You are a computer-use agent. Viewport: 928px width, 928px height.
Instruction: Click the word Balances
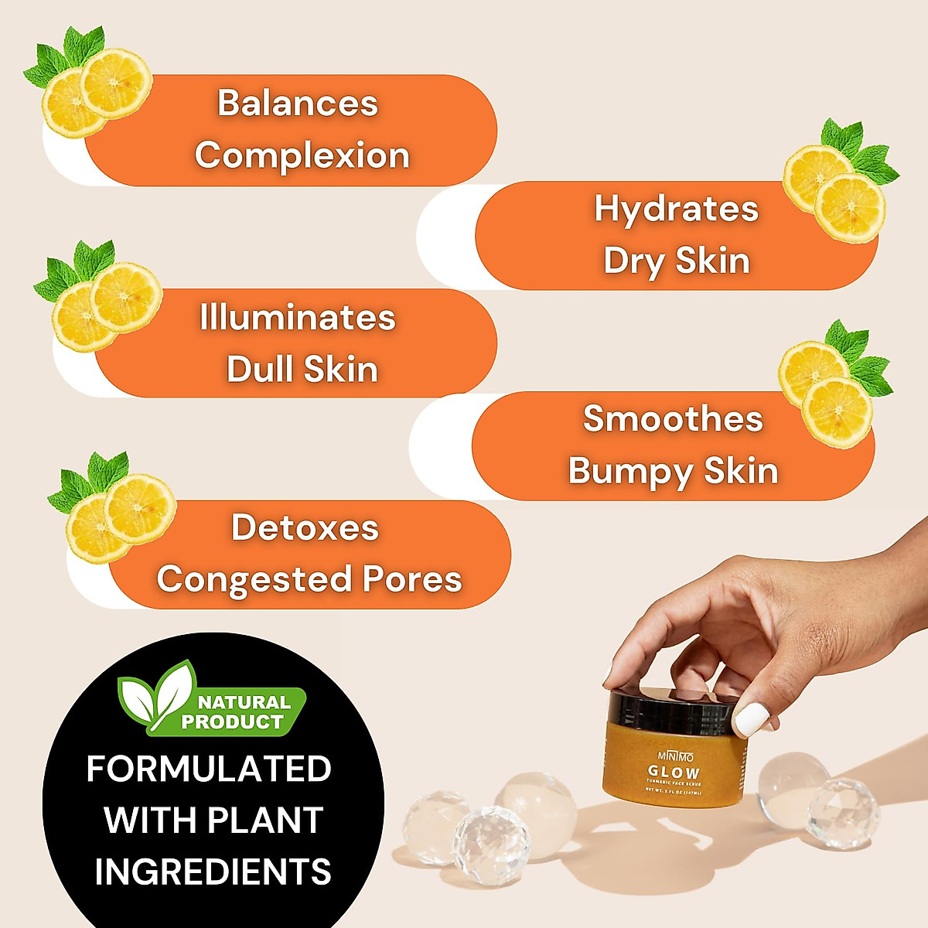298,104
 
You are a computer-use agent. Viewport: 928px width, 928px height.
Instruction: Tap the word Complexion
302,155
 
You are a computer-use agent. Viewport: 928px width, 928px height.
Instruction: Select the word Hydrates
677,209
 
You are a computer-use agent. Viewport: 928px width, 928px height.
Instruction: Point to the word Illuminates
298,318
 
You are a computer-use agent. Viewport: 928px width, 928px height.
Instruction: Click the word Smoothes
673,419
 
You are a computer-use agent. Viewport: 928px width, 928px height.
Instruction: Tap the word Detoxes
305,528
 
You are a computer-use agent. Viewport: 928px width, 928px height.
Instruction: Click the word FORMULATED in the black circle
209,769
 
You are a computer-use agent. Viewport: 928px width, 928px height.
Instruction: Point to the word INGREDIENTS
213,871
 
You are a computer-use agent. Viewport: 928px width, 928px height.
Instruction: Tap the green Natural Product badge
211,701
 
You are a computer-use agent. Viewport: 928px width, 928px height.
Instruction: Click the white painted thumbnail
749,719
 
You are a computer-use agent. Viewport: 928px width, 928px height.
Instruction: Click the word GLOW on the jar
674,772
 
